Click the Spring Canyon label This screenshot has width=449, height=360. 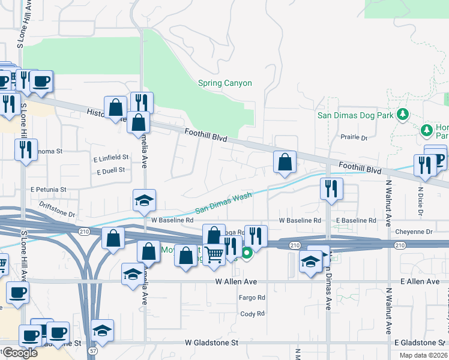pos(225,83)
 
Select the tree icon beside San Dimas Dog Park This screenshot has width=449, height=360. pos(405,114)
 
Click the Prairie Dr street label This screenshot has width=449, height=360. pos(354,138)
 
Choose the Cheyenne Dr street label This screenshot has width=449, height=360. pos(414,232)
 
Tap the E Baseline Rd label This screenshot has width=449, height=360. pos(356,221)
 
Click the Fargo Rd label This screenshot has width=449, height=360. pos(252,298)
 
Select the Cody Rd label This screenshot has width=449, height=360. pos(252,314)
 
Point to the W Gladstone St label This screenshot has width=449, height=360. pos(211,343)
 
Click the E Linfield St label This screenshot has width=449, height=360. pos(111,157)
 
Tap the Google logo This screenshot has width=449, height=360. pos(20,353)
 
